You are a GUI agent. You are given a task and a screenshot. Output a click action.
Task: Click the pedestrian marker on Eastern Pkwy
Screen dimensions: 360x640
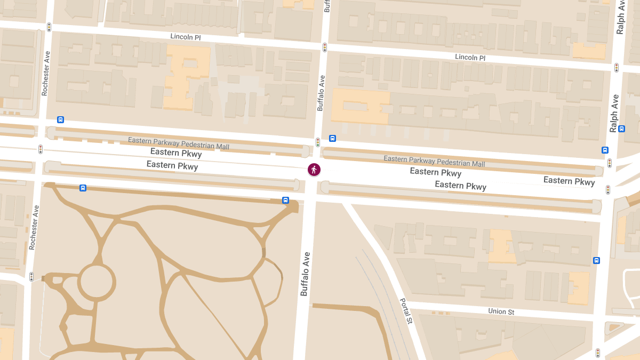point(314,170)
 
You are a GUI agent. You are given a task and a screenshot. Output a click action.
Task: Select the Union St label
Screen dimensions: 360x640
point(501,311)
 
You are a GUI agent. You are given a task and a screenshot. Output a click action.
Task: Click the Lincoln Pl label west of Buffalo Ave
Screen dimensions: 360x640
point(185,37)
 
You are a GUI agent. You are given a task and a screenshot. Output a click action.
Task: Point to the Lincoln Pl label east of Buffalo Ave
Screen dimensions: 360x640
point(470,57)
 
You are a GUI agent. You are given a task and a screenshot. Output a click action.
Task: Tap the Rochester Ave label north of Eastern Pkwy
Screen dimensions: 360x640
point(45,73)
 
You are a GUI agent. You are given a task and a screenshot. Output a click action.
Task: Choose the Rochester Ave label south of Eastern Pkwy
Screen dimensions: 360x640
point(33,228)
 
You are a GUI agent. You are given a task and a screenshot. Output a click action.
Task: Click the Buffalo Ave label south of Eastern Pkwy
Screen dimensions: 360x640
point(305,274)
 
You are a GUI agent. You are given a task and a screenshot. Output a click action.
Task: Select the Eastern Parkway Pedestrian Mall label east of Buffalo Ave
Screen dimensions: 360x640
point(434,161)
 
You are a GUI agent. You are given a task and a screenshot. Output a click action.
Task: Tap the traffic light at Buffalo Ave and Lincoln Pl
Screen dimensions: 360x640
point(324,47)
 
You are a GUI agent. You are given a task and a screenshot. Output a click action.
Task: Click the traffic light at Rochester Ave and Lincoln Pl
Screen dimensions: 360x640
point(49,27)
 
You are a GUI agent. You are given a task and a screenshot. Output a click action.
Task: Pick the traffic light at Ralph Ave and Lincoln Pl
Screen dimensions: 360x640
point(617,68)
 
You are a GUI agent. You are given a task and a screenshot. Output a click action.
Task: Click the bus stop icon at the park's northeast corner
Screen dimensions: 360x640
point(285,200)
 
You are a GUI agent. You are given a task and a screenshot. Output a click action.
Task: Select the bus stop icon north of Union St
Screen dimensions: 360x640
point(596,260)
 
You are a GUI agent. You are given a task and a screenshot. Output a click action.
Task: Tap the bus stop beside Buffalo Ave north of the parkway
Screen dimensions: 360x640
point(332,138)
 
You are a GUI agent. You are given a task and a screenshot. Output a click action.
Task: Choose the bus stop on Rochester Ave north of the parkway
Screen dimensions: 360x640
point(60,119)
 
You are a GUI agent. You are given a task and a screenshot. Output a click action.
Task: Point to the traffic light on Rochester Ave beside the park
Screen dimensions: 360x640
point(31,277)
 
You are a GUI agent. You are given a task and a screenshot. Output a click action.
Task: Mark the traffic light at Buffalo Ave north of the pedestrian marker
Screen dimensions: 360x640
point(318,142)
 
